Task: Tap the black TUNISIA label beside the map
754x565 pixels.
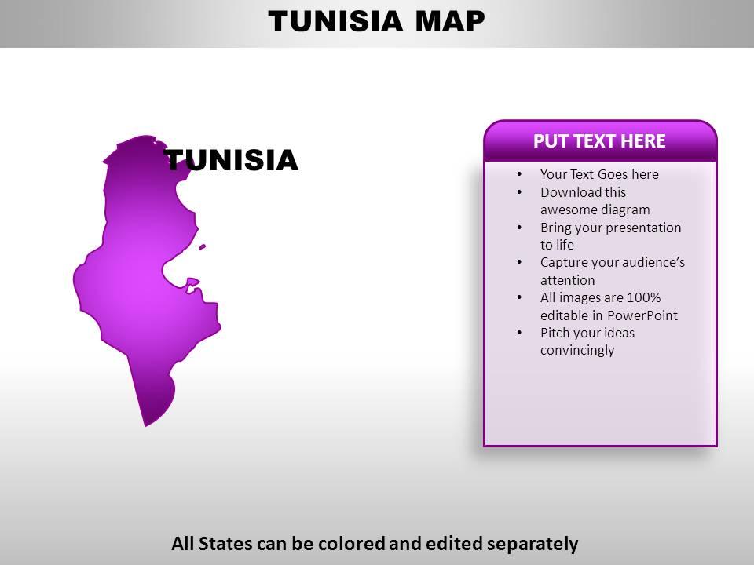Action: point(232,161)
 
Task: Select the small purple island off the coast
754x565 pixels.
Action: point(203,247)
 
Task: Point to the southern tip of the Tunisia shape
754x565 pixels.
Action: point(146,425)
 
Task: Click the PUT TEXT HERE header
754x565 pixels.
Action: point(599,141)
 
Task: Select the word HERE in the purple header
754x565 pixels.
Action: point(642,141)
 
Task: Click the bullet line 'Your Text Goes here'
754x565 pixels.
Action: point(599,174)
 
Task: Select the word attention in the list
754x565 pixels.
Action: point(567,280)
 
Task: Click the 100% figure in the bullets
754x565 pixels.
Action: point(643,297)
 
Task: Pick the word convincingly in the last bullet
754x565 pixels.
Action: point(577,350)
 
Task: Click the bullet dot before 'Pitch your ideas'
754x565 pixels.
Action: point(520,333)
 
